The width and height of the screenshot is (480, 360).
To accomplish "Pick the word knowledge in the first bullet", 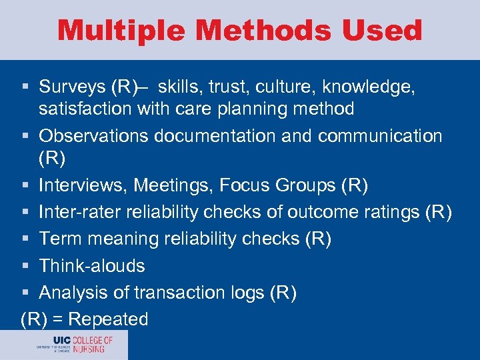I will pos(379,87).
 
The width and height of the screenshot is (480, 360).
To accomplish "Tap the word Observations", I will pos(94,136).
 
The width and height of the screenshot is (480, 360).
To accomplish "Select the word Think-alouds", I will pos(92,265).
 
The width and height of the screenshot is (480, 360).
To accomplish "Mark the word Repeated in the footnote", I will pos(108,319).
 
